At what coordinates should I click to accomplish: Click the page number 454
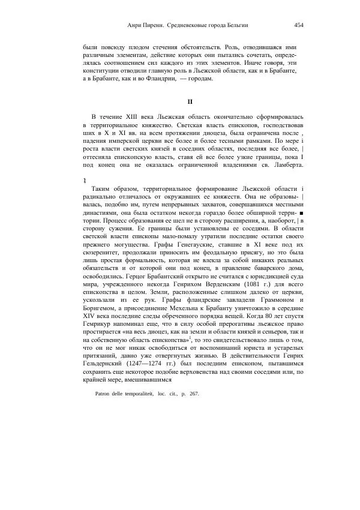tap(299, 25)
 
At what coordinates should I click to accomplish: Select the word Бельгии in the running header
tap(235, 25)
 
